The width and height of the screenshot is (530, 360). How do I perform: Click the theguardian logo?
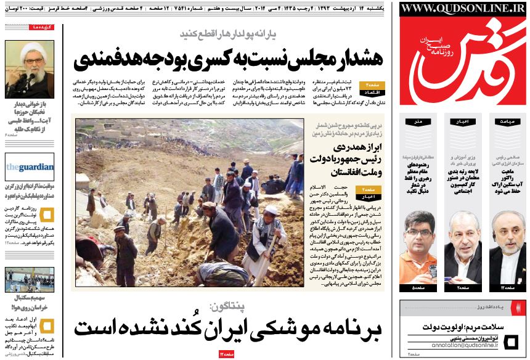point(21,166)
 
